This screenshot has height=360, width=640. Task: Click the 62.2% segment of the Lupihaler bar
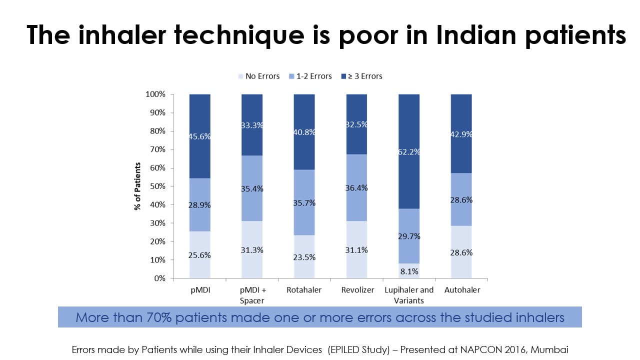(x=409, y=151)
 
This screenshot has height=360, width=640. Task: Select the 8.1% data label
(x=409, y=271)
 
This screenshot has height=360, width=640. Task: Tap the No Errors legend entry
(x=259, y=76)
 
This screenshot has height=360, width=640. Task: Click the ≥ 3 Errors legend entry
(x=361, y=76)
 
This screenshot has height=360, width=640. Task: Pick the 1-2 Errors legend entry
(x=310, y=76)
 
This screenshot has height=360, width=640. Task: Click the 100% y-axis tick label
(x=155, y=94)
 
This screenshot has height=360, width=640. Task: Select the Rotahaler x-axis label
(x=304, y=290)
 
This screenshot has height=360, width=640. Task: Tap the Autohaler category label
(x=462, y=290)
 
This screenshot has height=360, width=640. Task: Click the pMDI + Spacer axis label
(x=252, y=295)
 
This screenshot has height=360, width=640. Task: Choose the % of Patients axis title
(x=137, y=186)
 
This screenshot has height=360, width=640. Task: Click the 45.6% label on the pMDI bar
(x=199, y=136)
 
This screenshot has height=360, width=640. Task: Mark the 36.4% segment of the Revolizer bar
(x=356, y=187)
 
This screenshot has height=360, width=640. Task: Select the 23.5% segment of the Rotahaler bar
(x=304, y=256)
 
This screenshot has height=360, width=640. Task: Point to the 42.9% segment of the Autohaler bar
(x=461, y=133)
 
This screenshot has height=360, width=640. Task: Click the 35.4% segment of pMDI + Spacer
(x=252, y=188)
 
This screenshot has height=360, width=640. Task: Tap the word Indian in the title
(x=476, y=35)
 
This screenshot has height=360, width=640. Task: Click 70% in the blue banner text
(x=159, y=317)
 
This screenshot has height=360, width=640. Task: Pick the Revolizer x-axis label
(x=357, y=290)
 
